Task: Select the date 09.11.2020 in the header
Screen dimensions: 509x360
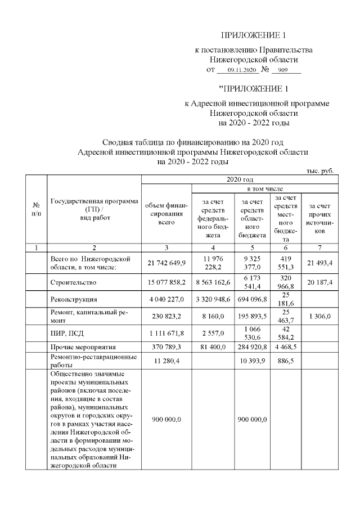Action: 237,70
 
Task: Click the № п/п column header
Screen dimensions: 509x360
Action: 37,211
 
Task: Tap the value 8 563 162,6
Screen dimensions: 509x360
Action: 213,281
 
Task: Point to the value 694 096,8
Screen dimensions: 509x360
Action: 252,300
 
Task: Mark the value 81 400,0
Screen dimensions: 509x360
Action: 213,347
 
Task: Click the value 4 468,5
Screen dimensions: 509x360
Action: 286,347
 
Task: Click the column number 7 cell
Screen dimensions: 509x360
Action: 320,247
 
